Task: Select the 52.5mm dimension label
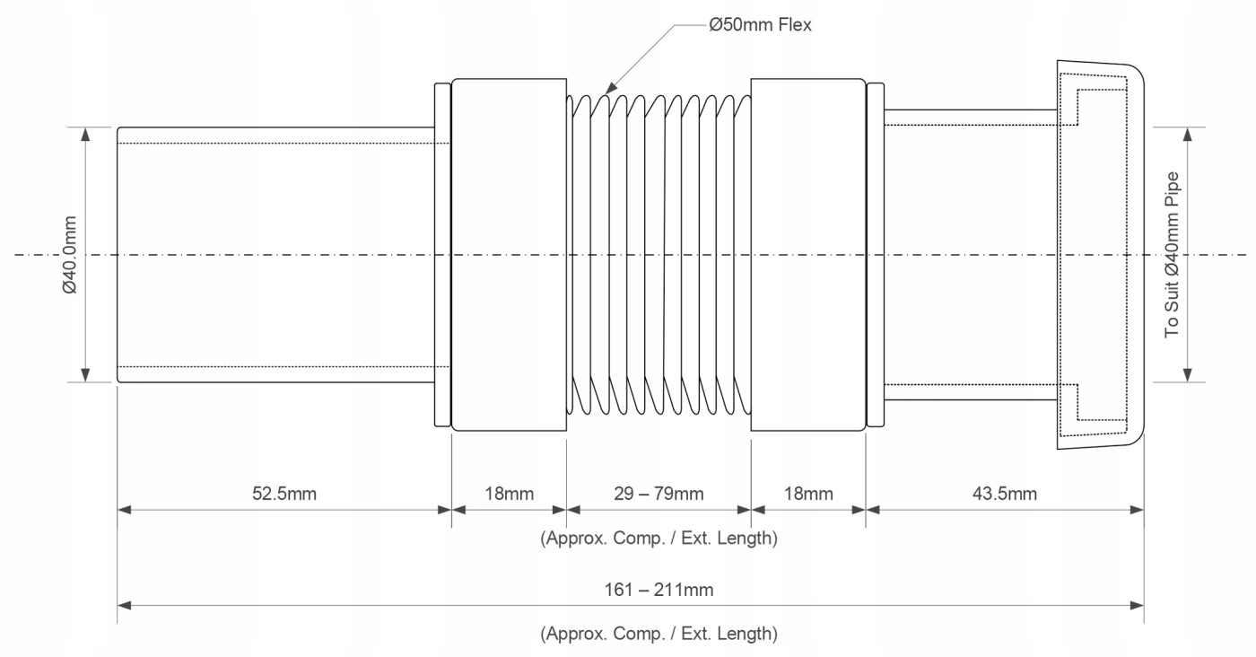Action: click(x=284, y=494)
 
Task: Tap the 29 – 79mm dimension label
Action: click(x=659, y=494)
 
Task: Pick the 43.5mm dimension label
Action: click(x=1005, y=494)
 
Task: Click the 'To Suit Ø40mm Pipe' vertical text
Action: click(x=1173, y=255)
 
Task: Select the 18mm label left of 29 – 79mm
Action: click(x=509, y=494)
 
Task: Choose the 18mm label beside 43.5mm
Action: click(x=808, y=494)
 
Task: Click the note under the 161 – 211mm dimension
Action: click(x=659, y=634)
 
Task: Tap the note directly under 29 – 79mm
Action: click(x=659, y=539)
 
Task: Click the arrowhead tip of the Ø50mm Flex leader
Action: click(x=606, y=92)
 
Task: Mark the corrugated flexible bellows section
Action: click(x=659, y=255)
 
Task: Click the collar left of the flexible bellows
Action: click(x=509, y=255)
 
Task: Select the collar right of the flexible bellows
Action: click(x=808, y=255)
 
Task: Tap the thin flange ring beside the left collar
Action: click(x=441, y=255)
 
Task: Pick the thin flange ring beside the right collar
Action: click(x=876, y=255)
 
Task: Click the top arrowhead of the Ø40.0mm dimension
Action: click(x=85, y=130)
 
